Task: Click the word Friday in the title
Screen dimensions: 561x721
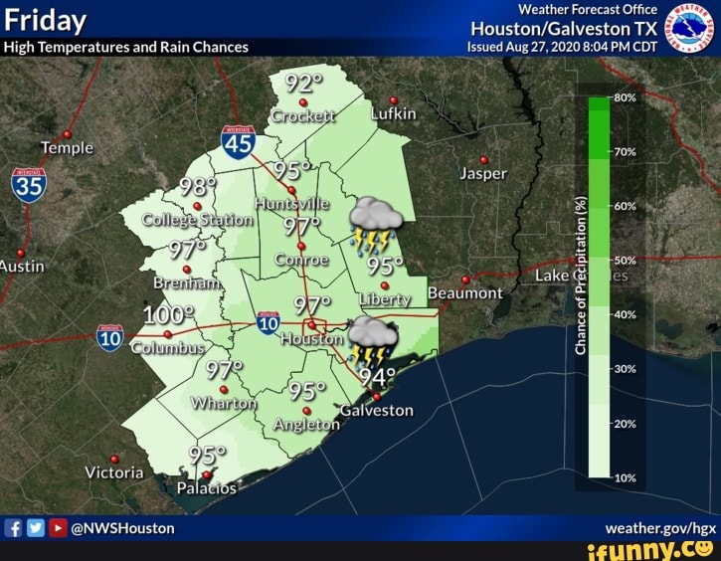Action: coord(46,21)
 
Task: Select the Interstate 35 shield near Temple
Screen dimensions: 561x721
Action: coord(29,186)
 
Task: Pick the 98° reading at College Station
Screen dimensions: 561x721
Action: coord(198,188)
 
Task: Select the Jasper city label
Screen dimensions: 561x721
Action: coord(484,173)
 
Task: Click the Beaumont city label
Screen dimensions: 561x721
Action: coord(464,293)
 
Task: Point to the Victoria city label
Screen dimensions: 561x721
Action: coord(113,472)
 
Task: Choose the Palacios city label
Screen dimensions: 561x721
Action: coord(207,488)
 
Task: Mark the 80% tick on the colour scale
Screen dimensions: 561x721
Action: coord(627,97)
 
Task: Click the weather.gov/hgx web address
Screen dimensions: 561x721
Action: coord(660,528)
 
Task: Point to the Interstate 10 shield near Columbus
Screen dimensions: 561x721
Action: coord(110,338)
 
